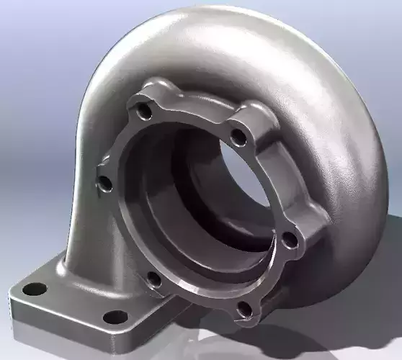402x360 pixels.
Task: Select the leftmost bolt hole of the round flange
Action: [x=105, y=184]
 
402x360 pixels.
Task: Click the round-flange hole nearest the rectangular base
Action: [x=153, y=279]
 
